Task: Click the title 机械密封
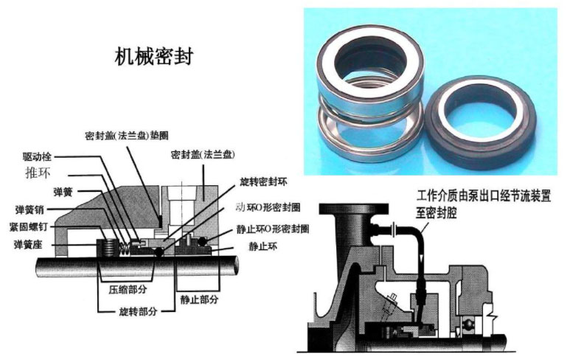tap(153, 57)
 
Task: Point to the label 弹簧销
tap(31, 209)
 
